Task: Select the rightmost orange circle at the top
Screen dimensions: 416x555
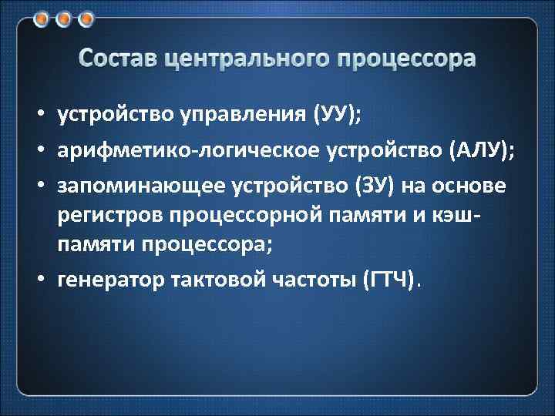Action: [86, 18]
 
